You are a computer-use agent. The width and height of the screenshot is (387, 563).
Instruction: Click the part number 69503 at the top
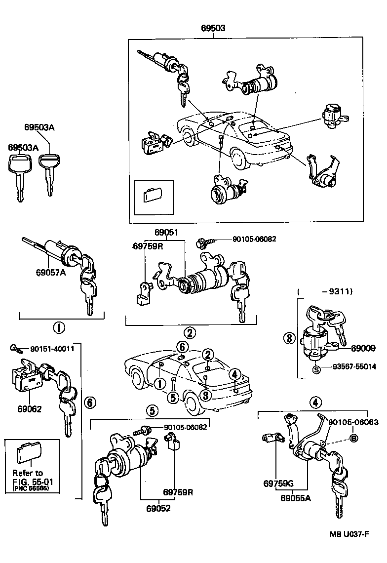coord(213,28)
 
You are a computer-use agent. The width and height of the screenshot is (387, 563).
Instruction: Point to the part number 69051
coord(165,233)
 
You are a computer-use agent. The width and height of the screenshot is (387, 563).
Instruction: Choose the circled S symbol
coord(316,367)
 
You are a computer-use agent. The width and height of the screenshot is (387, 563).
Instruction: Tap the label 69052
coord(158,508)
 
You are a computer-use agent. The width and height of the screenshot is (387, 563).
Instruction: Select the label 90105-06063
coord(353,422)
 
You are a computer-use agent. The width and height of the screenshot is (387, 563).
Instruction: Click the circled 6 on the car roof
coord(182,346)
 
